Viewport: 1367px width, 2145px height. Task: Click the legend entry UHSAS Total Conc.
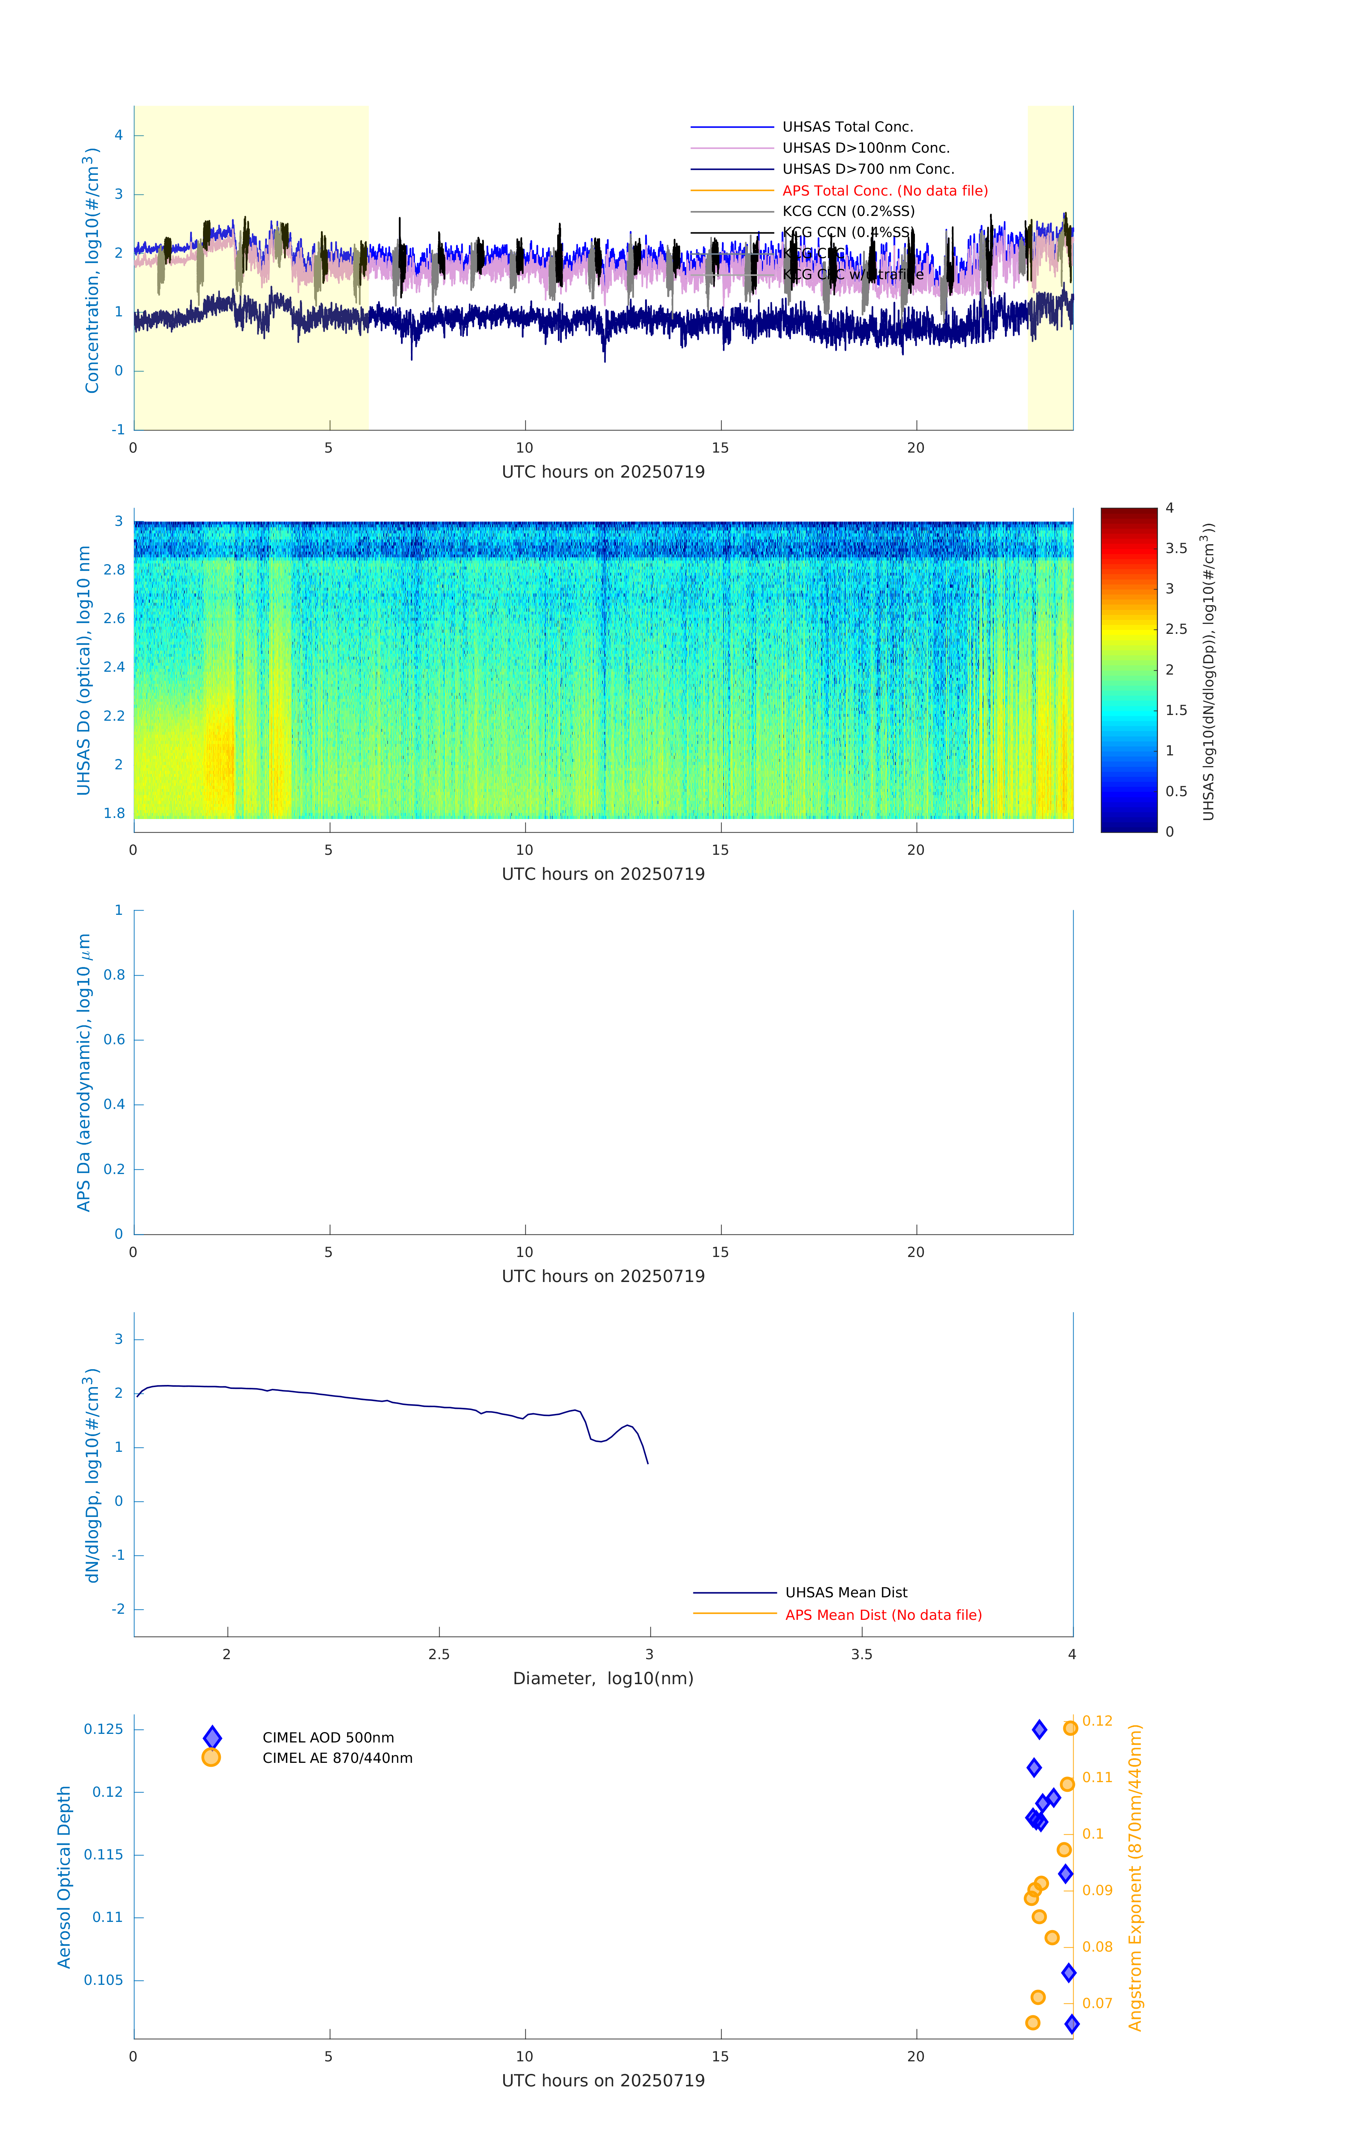[x=847, y=127]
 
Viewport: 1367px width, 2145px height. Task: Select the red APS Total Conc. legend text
[x=884, y=191]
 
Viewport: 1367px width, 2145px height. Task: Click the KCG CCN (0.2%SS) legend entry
[x=848, y=211]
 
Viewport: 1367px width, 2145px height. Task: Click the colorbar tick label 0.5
[x=1175, y=791]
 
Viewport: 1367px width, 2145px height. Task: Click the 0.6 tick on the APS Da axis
[x=114, y=1040]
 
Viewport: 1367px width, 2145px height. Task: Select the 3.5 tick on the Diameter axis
[x=861, y=1654]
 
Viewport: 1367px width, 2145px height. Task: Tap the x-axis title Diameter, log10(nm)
[x=603, y=1678]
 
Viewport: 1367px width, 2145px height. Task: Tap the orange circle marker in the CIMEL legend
[x=211, y=1757]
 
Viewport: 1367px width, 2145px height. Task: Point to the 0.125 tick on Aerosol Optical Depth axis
[x=103, y=1729]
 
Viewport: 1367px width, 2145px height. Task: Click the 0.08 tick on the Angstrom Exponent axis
[x=1097, y=1946]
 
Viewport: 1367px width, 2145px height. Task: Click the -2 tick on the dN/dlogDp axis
[x=118, y=1609]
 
